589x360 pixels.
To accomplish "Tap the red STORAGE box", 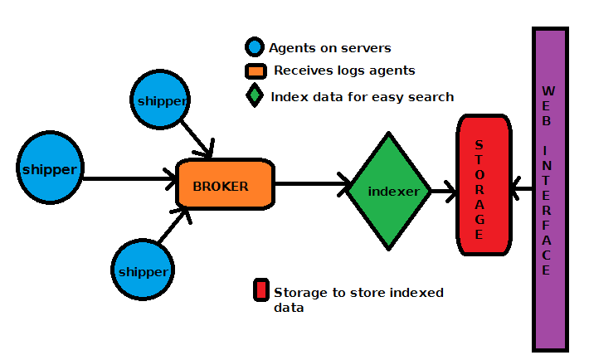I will click(482, 185).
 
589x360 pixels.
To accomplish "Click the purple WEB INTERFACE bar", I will click(549, 188).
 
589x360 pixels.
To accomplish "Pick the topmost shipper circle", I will click(162, 100).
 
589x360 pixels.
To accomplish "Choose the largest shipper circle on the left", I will click(50, 170).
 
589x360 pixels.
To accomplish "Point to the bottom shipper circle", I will click(143, 270).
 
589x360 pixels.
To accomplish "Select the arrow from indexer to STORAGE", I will click(443, 193).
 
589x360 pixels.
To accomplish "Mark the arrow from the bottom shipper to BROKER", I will click(175, 226).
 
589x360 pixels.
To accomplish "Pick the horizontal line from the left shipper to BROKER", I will click(129, 178).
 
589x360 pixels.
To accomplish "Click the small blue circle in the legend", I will click(254, 47).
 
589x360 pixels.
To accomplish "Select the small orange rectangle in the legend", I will click(254, 71).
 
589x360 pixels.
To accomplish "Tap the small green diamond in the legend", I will click(254, 95).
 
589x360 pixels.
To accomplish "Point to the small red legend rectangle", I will click(260, 290).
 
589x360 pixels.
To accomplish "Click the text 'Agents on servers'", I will click(329, 48).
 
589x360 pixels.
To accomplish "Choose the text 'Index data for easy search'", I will click(362, 97).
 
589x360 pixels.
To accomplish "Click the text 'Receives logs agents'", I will click(344, 71).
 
